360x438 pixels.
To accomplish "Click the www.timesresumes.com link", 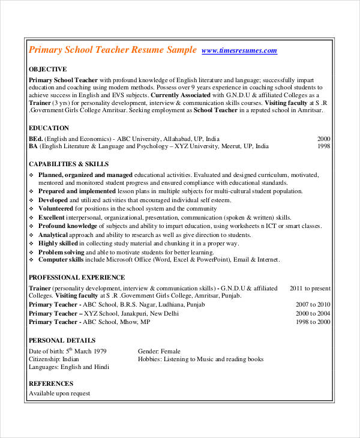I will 239,51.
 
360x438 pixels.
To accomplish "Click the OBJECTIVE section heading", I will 48,69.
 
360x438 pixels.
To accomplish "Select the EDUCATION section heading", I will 49,128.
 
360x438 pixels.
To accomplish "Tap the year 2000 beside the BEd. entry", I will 323,137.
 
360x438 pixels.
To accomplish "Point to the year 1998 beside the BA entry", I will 323,146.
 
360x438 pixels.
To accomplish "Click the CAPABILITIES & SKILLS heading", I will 69,164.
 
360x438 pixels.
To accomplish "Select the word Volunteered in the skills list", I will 57,208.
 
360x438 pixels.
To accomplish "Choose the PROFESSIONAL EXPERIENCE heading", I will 77,277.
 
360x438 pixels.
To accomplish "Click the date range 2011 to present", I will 310,288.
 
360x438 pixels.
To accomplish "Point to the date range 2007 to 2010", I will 313,305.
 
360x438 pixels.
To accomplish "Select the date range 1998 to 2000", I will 313,322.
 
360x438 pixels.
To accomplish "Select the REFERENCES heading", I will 51,383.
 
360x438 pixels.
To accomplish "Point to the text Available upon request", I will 59,394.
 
